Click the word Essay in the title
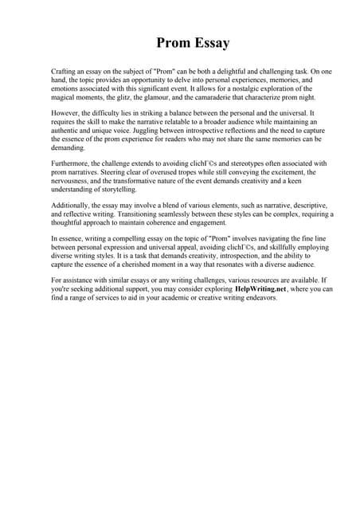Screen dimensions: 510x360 pyautogui.click(x=207, y=42)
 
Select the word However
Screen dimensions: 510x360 pyautogui.click(x=67, y=113)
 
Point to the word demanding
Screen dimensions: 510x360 pyautogui.click(x=69, y=148)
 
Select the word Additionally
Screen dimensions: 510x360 pyautogui.click(x=72, y=205)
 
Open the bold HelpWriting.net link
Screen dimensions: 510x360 pyautogui.click(x=261, y=288)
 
